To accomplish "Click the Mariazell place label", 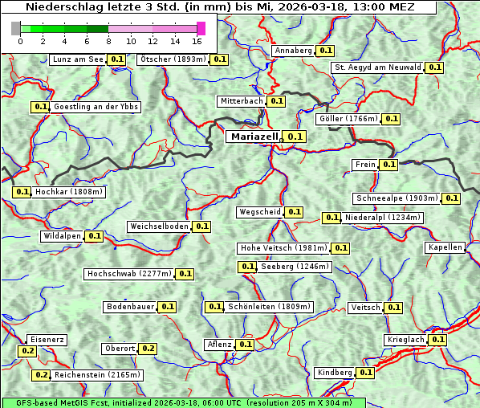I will [x=254, y=137].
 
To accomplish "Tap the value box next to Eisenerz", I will [x=28, y=351].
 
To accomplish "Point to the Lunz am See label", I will [x=77, y=59].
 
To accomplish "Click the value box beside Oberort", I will [x=148, y=349].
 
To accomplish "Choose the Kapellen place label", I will [x=445, y=247].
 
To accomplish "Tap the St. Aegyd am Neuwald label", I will [x=377, y=67].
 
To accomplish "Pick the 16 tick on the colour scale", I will [x=197, y=41].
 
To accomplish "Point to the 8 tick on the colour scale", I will [x=108, y=41].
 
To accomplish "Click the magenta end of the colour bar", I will [x=201, y=28].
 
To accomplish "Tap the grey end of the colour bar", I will [x=16, y=28].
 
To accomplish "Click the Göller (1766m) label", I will [x=348, y=119].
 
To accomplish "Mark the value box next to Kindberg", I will [x=366, y=373].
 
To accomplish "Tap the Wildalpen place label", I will [x=62, y=236].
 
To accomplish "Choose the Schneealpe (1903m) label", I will [x=397, y=198].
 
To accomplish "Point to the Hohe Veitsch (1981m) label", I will [x=284, y=248].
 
